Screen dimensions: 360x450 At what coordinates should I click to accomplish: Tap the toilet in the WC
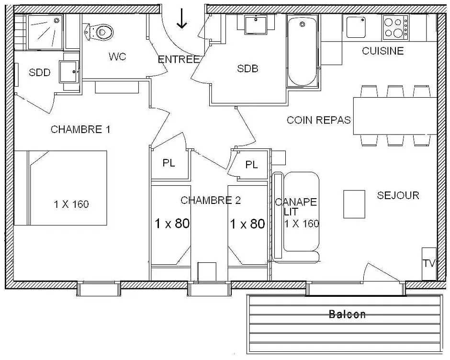coord(99,32)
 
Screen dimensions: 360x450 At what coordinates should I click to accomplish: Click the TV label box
coord(428,263)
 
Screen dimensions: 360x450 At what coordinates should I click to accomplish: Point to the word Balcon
coord(347,315)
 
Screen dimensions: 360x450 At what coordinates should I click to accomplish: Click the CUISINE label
coord(382,51)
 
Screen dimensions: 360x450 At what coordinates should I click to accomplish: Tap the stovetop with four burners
coord(395,28)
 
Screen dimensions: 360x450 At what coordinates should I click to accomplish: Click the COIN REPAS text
coord(319,120)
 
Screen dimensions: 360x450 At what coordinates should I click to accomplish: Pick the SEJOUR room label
coord(398,195)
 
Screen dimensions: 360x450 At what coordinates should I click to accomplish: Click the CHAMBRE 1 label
coord(80,129)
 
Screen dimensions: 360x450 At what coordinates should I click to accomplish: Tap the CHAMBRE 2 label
coord(210,200)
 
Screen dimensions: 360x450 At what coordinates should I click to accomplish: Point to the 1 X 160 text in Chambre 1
coord(71,204)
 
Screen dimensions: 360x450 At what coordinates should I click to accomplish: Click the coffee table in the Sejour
coord(354,203)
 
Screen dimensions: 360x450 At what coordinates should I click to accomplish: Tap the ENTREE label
coord(178,60)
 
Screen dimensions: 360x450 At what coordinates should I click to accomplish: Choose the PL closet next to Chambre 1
coord(169,163)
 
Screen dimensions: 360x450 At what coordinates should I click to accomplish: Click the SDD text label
coord(39,73)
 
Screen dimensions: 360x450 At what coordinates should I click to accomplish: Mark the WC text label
coord(117,56)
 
